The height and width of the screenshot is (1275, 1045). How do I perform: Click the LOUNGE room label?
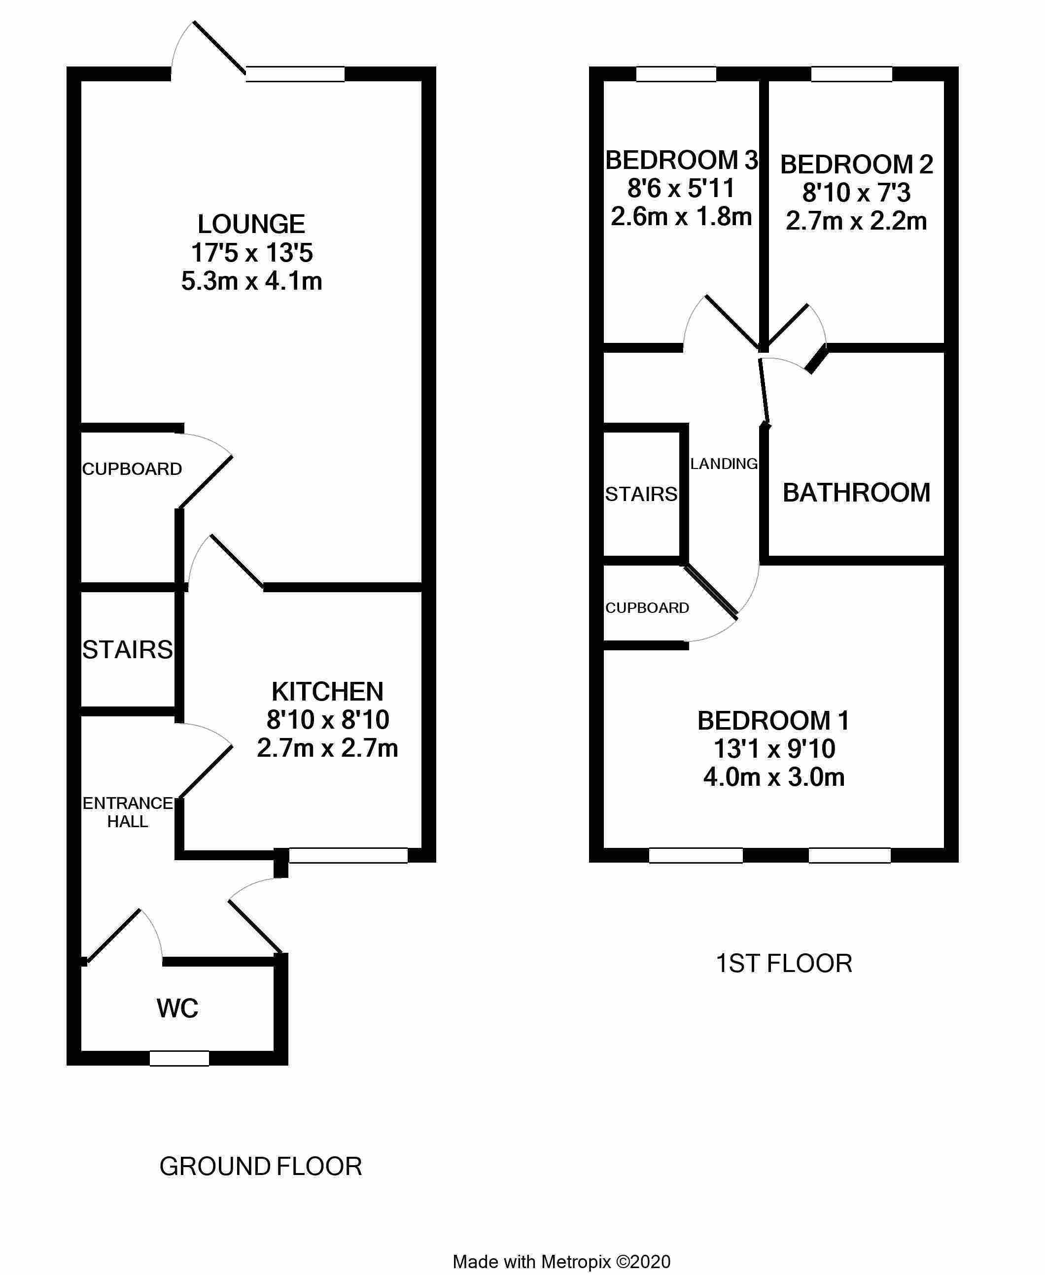click(251, 225)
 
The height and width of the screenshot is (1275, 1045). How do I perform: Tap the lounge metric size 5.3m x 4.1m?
click(251, 281)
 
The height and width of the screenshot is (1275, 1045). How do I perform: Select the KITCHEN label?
click(327, 692)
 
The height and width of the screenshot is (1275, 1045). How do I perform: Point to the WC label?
click(177, 1008)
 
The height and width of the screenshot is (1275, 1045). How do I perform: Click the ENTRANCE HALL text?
click(128, 812)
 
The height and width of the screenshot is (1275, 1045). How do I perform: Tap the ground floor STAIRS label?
click(128, 650)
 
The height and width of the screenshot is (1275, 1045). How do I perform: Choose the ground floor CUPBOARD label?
click(132, 469)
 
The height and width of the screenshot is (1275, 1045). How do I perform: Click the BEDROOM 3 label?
click(681, 160)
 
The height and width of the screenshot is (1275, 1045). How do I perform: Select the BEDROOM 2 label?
click(857, 164)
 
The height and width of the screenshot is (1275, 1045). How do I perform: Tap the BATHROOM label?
click(856, 493)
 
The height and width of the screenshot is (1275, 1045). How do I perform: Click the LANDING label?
click(724, 463)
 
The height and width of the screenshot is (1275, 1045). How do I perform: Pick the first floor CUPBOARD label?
click(647, 608)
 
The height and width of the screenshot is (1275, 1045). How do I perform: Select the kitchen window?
click(348, 855)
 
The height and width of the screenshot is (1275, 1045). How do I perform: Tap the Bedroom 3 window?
click(676, 74)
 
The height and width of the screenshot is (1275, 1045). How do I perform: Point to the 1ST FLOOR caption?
click(784, 963)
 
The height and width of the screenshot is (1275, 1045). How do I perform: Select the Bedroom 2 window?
click(852, 74)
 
